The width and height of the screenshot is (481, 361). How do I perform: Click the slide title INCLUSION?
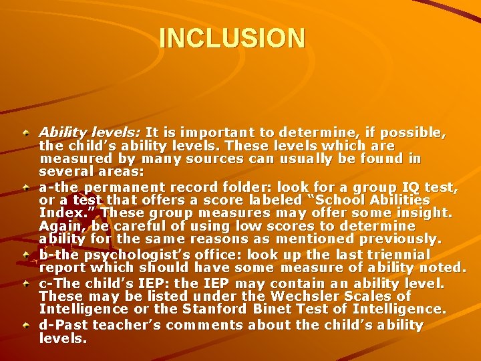(232, 37)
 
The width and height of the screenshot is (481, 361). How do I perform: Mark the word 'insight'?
(421, 213)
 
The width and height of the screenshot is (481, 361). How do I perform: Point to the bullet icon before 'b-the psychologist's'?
(25, 255)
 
